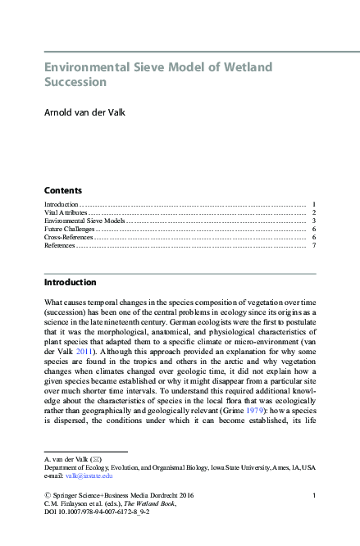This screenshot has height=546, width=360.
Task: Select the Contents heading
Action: pyautogui.click(x=62, y=189)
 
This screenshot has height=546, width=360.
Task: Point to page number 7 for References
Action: pyautogui.click(x=314, y=245)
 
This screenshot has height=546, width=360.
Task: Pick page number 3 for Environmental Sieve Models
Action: pyautogui.click(x=314, y=221)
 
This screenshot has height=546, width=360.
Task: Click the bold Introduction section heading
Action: pyautogui.click(x=70, y=282)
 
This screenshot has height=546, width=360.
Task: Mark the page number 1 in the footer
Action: pyautogui.click(x=314, y=497)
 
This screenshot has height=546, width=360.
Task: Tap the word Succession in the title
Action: pyautogui.click(x=75, y=82)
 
